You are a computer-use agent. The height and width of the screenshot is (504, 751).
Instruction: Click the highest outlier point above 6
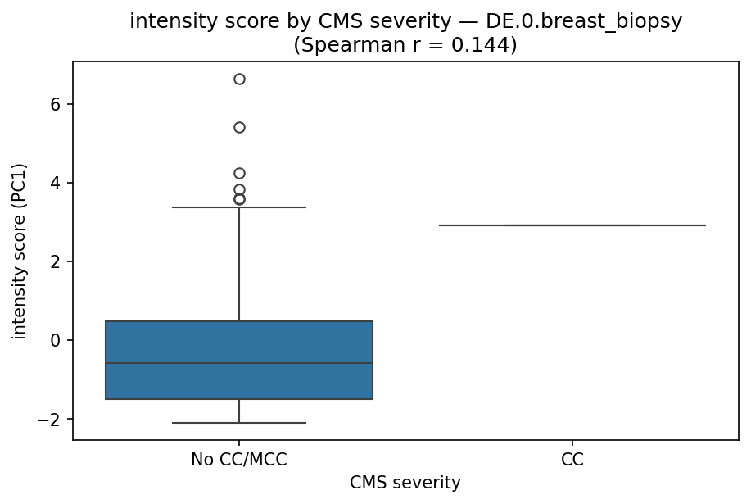click(x=239, y=79)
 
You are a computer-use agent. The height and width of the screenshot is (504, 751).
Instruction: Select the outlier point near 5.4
click(x=239, y=127)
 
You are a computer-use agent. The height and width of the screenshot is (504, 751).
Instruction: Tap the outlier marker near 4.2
click(x=239, y=173)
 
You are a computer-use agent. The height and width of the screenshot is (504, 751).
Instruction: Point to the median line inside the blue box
click(x=239, y=363)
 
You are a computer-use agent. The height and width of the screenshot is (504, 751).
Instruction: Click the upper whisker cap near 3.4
click(x=239, y=207)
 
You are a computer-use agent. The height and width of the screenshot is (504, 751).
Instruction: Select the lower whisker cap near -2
click(x=239, y=423)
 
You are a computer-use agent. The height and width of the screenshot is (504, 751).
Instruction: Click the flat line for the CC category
click(x=572, y=225)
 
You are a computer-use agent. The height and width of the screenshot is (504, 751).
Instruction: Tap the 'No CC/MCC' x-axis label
click(x=239, y=460)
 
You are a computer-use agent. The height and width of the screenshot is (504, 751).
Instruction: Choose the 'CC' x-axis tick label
click(x=572, y=460)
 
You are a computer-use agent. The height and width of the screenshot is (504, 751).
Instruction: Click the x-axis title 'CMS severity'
click(x=405, y=483)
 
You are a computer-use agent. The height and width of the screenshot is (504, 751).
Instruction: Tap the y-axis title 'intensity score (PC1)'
click(x=20, y=251)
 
